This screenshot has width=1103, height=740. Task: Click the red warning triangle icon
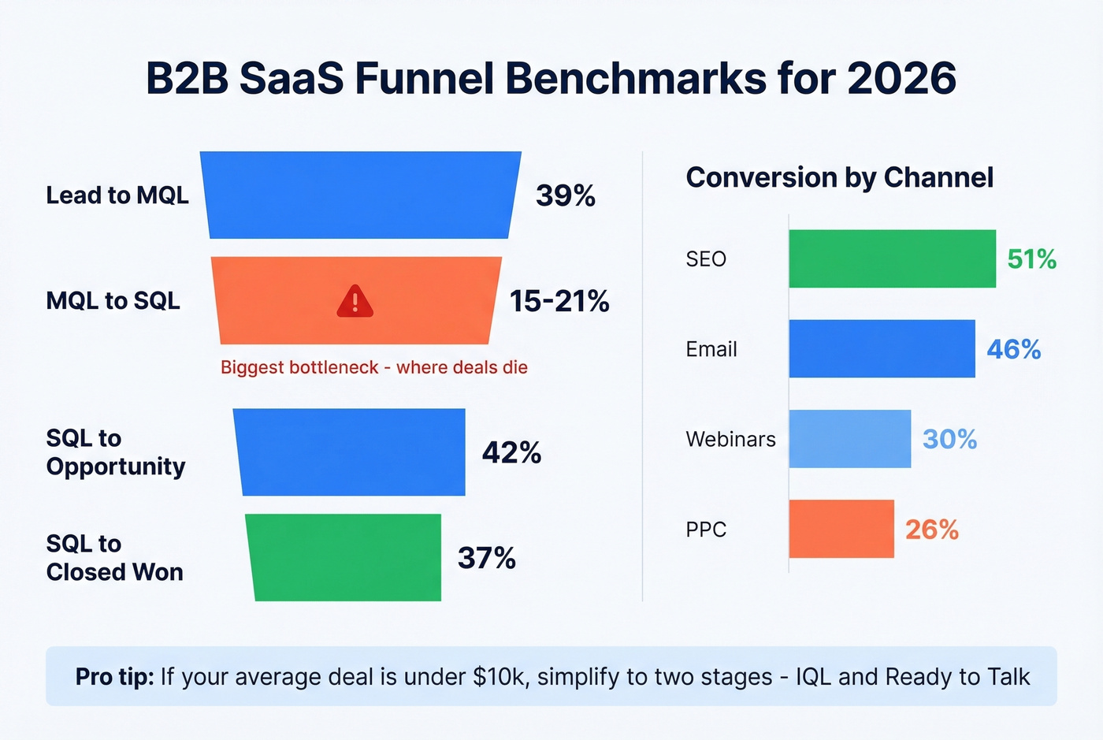click(x=355, y=301)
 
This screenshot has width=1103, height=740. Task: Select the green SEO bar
click(x=892, y=258)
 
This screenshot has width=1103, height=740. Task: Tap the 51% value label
click(x=1031, y=258)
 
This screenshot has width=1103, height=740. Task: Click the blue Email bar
click(x=882, y=348)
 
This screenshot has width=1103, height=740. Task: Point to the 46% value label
click(x=1013, y=349)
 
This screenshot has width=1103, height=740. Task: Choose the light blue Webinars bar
click(x=849, y=439)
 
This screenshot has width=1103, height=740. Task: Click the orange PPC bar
click(x=841, y=529)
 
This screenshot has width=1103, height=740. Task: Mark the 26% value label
click(x=931, y=530)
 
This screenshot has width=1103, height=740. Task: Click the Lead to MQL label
click(x=117, y=195)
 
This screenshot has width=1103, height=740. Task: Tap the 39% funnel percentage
click(x=565, y=195)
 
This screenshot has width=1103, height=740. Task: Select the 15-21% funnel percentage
click(x=559, y=301)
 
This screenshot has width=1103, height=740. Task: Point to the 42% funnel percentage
click(x=511, y=452)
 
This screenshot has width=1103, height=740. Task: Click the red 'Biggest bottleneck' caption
click(x=373, y=367)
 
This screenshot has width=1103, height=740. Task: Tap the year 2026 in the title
click(x=901, y=78)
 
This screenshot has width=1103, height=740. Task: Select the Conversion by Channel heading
click(x=839, y=177)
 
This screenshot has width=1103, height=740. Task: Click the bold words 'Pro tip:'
click(x=114, y=677)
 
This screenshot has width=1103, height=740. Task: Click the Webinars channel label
click(x=730, y=439)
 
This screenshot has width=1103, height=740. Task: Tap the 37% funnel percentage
click(x=486, y=558)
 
